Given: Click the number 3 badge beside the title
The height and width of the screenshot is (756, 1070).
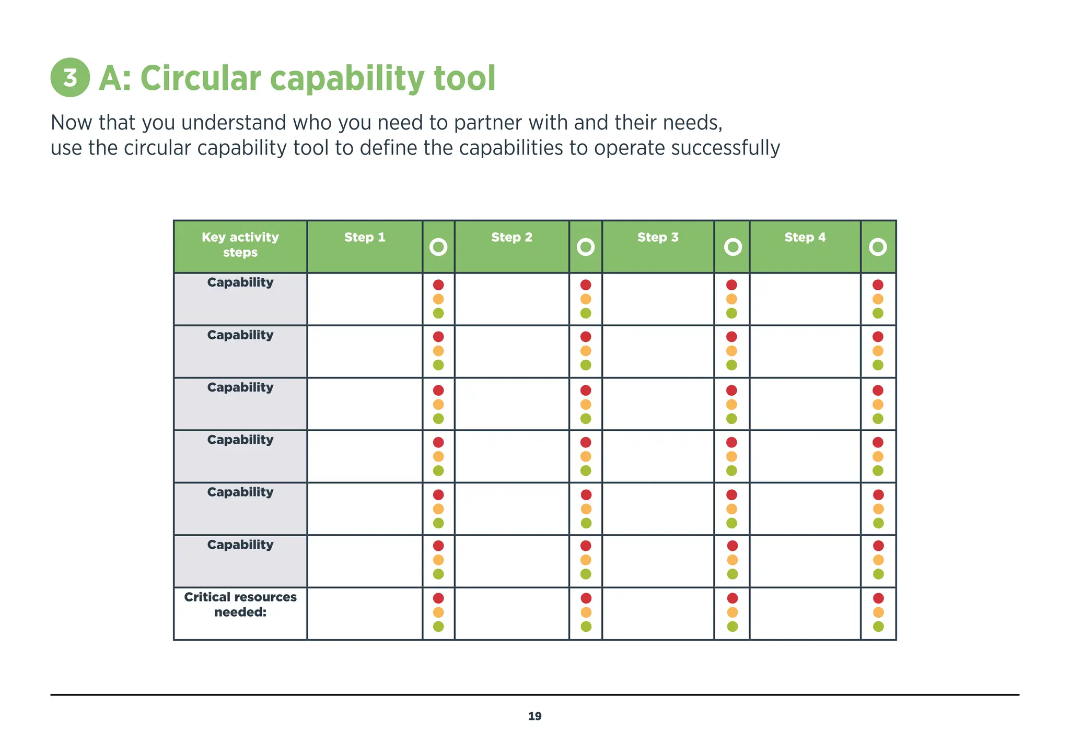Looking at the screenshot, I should pos(70,77).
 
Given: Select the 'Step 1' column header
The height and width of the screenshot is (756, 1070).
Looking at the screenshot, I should pos(365,238).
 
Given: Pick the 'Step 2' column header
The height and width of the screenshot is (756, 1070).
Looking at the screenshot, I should pos(511,238).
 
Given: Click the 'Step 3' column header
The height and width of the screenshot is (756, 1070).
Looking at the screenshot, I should pos(658,238).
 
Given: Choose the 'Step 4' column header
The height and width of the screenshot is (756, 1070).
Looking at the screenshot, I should pos(805,238).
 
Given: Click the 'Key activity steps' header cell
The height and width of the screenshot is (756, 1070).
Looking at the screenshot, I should pos(240,245).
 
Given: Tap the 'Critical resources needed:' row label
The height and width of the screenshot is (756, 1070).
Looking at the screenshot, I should pos(240,605).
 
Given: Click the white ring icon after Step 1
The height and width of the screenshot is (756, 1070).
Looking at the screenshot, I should pos(438,247).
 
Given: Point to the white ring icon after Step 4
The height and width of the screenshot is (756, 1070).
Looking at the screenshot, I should pos(878,247).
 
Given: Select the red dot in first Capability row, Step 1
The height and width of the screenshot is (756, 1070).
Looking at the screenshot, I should pos(438,285).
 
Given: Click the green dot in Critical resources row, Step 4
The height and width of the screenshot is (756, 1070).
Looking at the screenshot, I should pos(878,627).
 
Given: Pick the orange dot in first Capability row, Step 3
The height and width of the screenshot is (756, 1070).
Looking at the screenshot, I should pos(731,299).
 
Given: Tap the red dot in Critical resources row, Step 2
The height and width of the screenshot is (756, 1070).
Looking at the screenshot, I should pos(586,598).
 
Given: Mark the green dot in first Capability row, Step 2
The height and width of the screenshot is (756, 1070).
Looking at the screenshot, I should pos(586,313).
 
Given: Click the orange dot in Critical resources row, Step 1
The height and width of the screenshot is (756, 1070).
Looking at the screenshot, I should pos(438,612).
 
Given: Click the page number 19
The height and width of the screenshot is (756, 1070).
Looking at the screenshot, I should pos(534,716).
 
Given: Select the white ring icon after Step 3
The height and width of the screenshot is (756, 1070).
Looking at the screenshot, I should pos(732,247).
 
